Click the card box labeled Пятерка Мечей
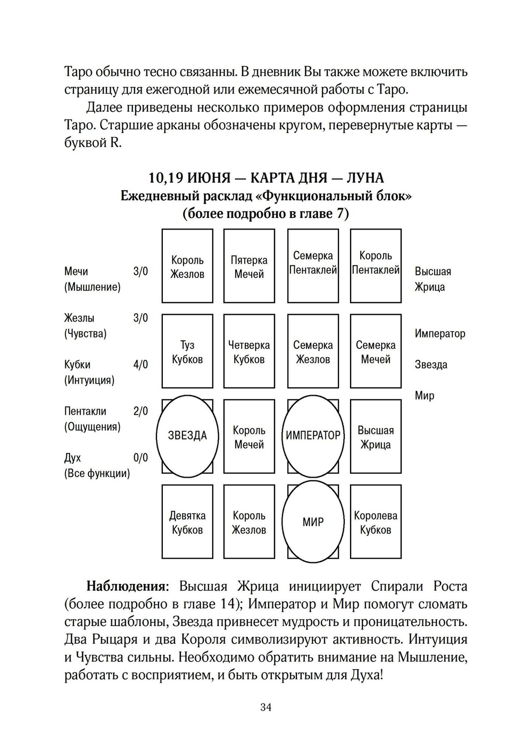tap(249, 266)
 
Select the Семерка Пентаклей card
tap(313, 265)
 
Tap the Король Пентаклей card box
tap(376, 265)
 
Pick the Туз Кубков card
tap(187, 351)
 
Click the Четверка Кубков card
tap(249, 351)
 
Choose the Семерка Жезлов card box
tap(313, 351)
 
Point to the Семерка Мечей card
tap(376, 351)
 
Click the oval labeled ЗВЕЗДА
tap(187, 436)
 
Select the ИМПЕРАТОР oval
tap(313, 436)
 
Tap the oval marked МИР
tap(313, 522)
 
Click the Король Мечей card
tap(249, 437)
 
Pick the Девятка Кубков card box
tap(187, 522)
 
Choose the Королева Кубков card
tap(376, 522)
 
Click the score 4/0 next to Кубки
tap(140, 365)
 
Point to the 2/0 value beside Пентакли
tap(140, 411)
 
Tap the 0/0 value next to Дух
tap(140, 458)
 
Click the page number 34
tap(266, 707)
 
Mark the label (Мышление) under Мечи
tap(92, 287)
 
